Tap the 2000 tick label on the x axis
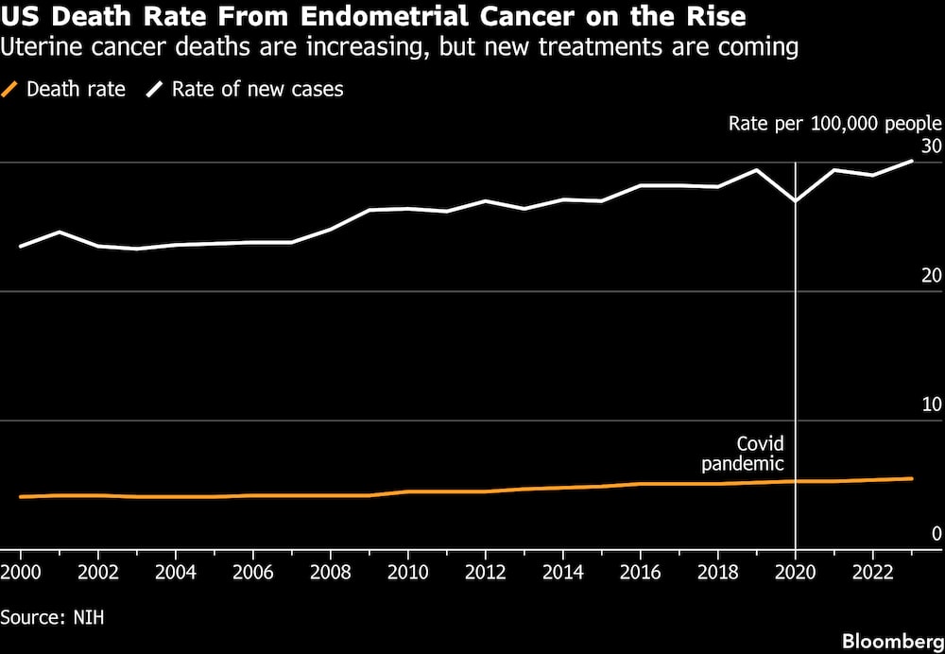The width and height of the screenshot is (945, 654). click(x=21, y=572)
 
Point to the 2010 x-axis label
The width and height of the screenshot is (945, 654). click(x=408, y=572)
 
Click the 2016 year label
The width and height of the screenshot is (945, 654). click(x=641, y=572)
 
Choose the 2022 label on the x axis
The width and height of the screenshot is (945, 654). click(x=872, y=572)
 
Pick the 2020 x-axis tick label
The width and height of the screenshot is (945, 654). click(x=796, y=572)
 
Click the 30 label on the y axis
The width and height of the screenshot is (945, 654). click(x=931, y=146)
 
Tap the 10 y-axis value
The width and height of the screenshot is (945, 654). click(x=931, y=404)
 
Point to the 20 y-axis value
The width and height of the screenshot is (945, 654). click(x=931, y=275)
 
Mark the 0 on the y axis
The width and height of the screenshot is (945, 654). click(x=936, y=533)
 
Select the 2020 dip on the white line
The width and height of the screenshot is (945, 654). click(x=796, y=200)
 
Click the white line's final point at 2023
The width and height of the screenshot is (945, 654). click(x=911, y=161)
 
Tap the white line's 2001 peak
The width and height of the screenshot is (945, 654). click(x=59, y=232)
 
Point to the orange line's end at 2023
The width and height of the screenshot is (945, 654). click(x=911, y=478)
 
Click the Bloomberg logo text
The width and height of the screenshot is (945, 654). click(x=893, y=641)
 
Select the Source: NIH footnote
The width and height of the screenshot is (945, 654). click(x=52, y=618)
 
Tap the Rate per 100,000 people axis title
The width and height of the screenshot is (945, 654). click(x=835, y=124)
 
